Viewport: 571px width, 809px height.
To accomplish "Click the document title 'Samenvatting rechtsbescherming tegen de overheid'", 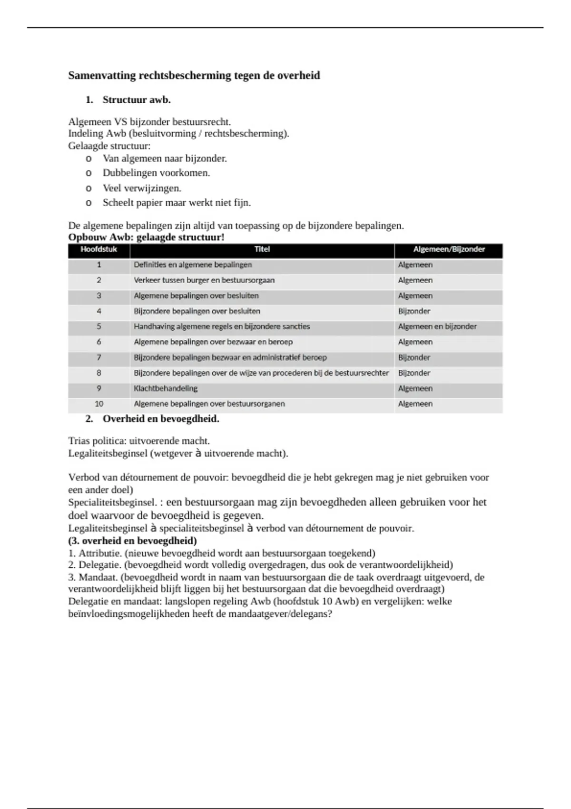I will click(x=194, y=76).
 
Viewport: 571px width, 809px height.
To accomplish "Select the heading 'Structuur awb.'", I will click(x=137, y=100).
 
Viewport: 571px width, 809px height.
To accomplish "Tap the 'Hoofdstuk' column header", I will click(x=98, y=249).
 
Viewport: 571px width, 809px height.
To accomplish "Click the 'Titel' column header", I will click(x=262, y=249).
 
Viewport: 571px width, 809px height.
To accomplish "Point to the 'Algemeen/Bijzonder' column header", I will click(x=449, y=249).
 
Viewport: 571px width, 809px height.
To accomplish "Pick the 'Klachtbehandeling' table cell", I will click(x=166, y=388).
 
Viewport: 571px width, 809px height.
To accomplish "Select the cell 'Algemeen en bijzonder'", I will click(x=437, y=326).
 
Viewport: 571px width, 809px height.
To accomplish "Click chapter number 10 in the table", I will click(x=99, y=404).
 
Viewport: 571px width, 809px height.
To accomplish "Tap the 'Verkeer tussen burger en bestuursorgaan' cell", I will click(x=204, y=280).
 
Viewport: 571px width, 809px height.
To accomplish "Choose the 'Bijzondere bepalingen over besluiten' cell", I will click(x=197, y=311).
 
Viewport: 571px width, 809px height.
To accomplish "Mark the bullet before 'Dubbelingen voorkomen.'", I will click(x=89, y=173).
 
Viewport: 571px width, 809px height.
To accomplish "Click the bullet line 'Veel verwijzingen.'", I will click(x=142, y=188).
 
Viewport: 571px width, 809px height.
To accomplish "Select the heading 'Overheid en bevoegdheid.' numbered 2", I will click(x=161, y=419).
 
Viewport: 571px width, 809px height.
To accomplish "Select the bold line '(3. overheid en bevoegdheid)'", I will click(x=132, y=541).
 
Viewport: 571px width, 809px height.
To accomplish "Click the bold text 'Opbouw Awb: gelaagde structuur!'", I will click(x=146, y=237).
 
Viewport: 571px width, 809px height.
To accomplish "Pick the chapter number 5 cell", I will click(x=99, y=326).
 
